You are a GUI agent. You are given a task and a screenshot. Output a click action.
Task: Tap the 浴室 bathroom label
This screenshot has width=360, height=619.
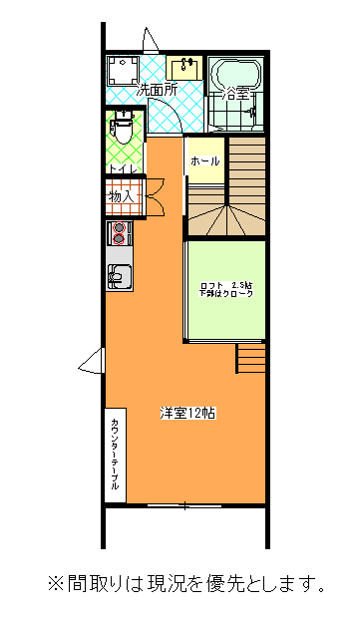[x=235, y=95]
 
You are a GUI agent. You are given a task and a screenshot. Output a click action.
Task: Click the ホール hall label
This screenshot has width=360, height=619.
[x=204, y=161]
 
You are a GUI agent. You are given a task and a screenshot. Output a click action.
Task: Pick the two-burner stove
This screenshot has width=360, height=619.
[x=120, y=234]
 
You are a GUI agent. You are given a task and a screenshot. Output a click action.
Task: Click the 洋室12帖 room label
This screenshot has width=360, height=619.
[x=186, y=413]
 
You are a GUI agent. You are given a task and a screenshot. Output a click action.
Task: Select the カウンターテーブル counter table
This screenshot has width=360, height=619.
[x=115, y=455]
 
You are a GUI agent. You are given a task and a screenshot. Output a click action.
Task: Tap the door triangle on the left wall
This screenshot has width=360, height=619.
[x=93, y=362]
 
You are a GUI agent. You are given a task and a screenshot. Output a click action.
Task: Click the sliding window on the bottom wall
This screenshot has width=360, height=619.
[x=184, y=505]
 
